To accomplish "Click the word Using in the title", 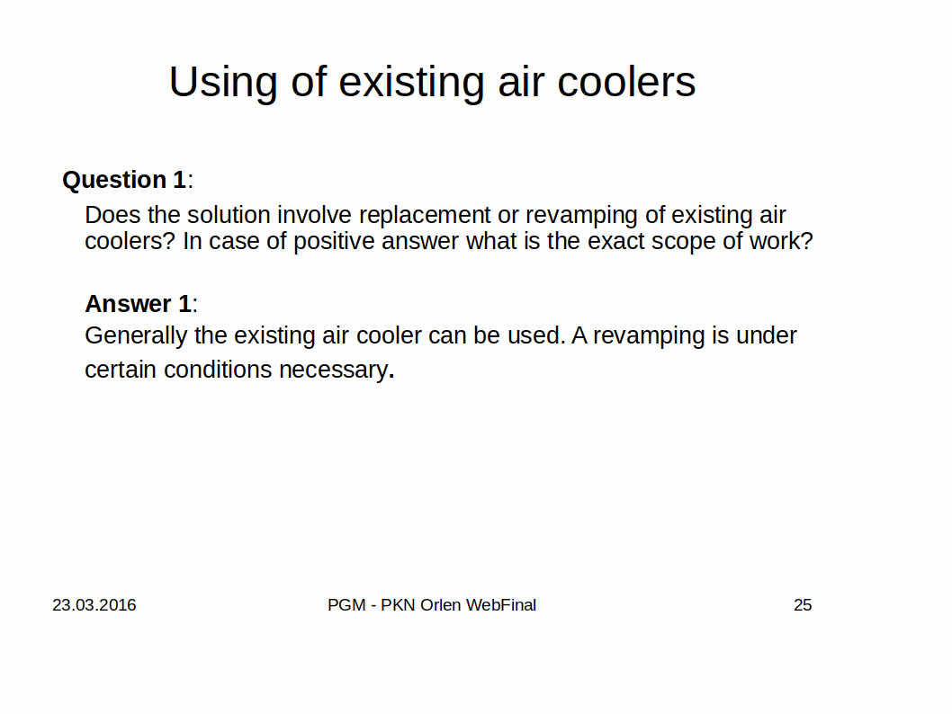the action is coord(223,83).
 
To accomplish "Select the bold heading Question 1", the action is coord(124,180).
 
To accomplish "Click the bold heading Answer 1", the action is coord(138,303).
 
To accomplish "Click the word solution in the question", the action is coord(229,215).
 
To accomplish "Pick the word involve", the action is coord(314,215).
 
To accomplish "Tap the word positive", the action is coord(334,241).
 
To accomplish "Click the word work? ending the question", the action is coord(781,241).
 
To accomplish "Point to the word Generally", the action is coord(136,336).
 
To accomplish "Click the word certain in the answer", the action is coord(121,370).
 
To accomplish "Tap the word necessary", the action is coord(333,370).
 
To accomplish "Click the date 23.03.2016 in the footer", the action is coord(94,605).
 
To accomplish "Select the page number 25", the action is coord(803,605).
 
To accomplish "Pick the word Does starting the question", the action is coord(112,215).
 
